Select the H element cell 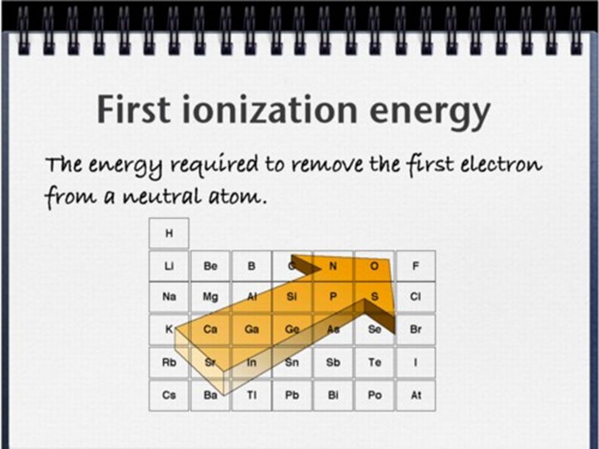169,233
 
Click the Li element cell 169,266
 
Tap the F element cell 416,266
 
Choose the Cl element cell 416,297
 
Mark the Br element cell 416,329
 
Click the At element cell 416,395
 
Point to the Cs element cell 169,395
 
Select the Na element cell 169,297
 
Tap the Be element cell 210,266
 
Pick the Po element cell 374,395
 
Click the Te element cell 374,362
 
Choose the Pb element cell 292,395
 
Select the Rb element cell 169,362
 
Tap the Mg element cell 210,297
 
